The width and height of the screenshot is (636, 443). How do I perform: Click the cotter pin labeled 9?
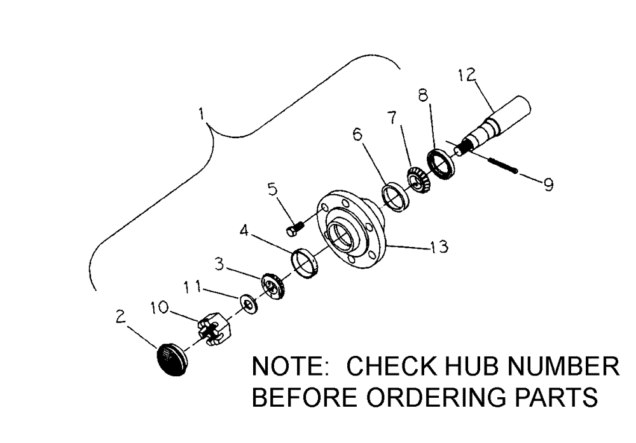(x=502, y=167)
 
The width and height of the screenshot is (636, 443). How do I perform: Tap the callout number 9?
(x=547, y=185)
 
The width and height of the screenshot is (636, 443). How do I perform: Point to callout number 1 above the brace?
(x=201, y=113)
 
